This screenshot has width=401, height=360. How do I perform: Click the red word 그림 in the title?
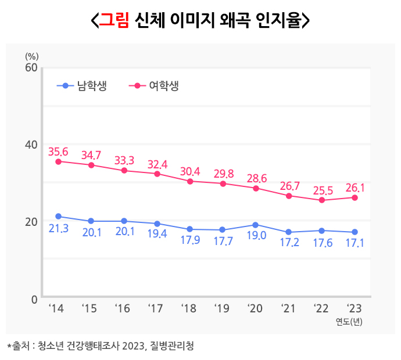point(114,21)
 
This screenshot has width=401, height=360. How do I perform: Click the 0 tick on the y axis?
point(34,298)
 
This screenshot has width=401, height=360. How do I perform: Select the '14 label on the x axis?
point(56,308)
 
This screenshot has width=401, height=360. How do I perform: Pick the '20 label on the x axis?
point(256,308)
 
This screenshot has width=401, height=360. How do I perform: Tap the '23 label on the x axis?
point(355,308)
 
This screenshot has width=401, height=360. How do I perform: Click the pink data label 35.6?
point(58,152)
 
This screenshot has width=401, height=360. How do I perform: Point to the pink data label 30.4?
point(190,171)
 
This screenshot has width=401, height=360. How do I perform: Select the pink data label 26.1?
point(355,188)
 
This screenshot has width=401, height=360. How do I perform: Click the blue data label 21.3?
point(58,229)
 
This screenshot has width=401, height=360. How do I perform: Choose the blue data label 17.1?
point(355,243)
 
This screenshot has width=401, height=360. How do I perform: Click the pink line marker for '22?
point(322,200)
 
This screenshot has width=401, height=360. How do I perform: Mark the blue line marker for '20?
point(256,224)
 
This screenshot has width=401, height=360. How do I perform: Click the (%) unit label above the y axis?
point(31,56)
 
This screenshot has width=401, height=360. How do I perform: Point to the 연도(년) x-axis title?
point(349,321)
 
